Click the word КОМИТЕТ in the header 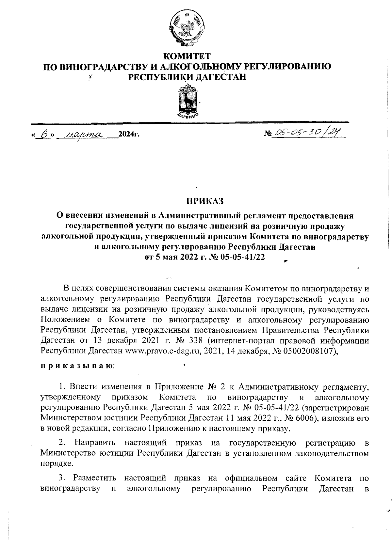point(187,56)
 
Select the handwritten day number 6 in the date point(44,135)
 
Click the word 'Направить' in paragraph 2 point(95,443)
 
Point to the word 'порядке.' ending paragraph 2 point(54,463)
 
